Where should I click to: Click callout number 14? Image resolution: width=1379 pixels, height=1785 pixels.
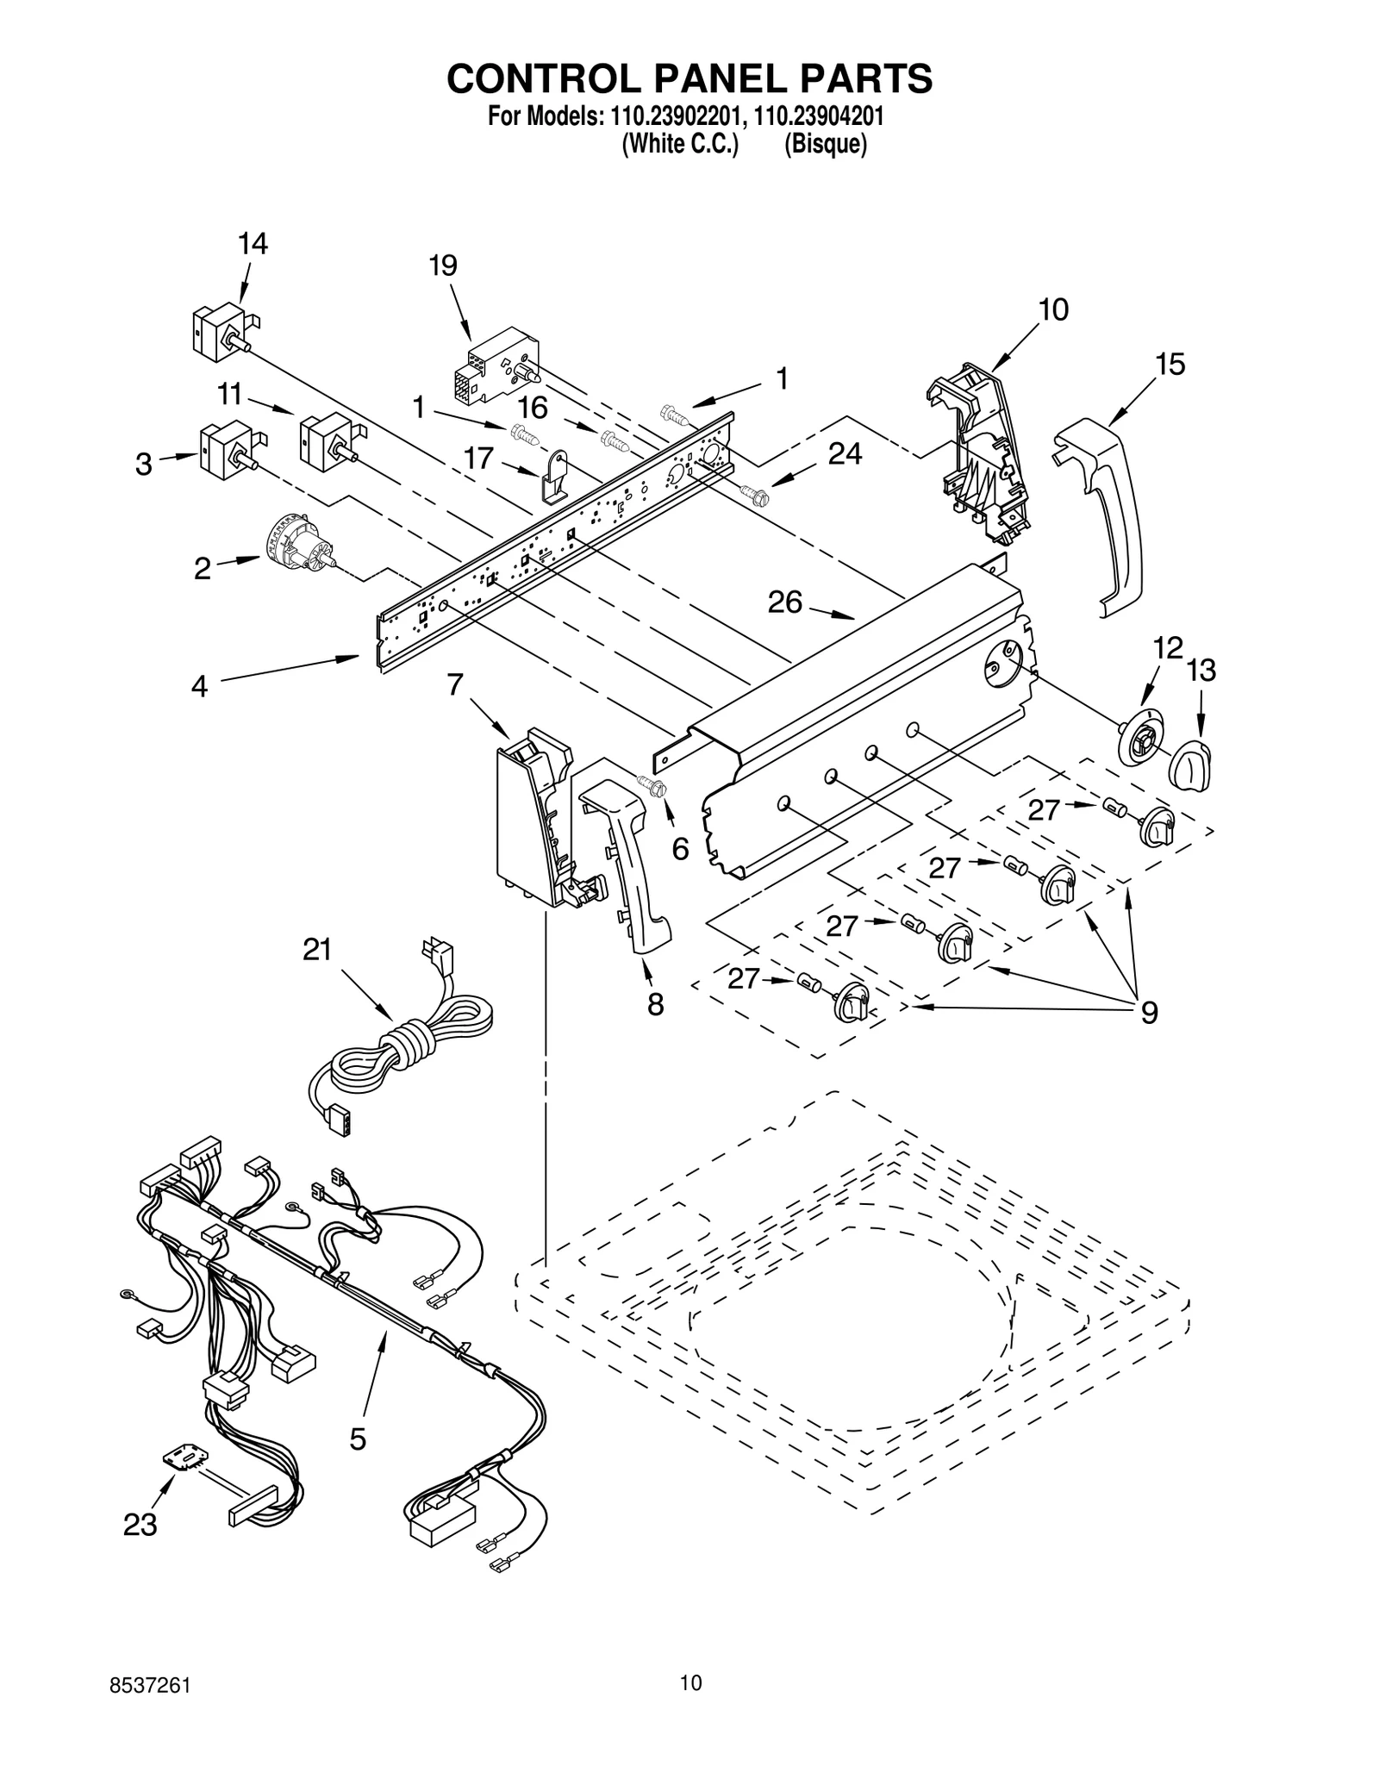tap(253, 244)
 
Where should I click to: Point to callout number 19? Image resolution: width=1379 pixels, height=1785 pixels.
tap(443, 265)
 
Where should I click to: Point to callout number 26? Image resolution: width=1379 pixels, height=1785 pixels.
tap(785, 602)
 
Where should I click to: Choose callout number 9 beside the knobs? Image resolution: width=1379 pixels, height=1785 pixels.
tap(1149, 1012)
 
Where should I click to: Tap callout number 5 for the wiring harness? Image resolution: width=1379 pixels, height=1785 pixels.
tap(358, 1439)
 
